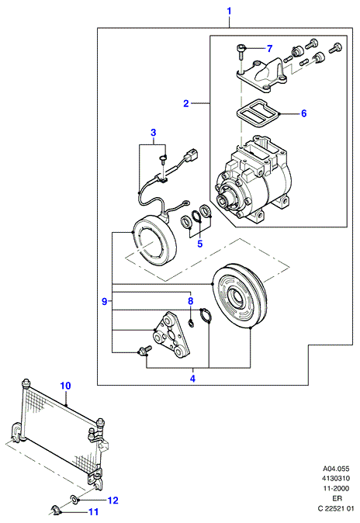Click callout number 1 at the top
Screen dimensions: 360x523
pos(229,12)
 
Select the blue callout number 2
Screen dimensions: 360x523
pos(186,103)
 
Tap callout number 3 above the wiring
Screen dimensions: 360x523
pos(153,133)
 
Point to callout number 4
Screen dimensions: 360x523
pos(192,379)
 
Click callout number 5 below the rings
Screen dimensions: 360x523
pos(200,244)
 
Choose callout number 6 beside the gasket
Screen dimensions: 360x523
pos(303,113)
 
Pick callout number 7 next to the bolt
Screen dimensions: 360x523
pos(269,49)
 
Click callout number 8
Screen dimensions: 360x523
pos(191,301)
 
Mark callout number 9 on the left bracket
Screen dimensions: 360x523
pos(105,302)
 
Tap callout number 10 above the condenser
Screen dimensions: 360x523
pos(66,386)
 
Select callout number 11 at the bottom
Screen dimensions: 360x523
pos(94,511)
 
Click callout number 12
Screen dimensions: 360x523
pos(113,500)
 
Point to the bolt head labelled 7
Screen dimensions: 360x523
pos(241,47)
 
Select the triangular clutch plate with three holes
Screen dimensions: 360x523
pos(171,335)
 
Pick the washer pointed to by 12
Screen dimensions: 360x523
pos(74,499)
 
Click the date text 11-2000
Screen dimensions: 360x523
pos(335,488)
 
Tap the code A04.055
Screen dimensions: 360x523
pos(336,469)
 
